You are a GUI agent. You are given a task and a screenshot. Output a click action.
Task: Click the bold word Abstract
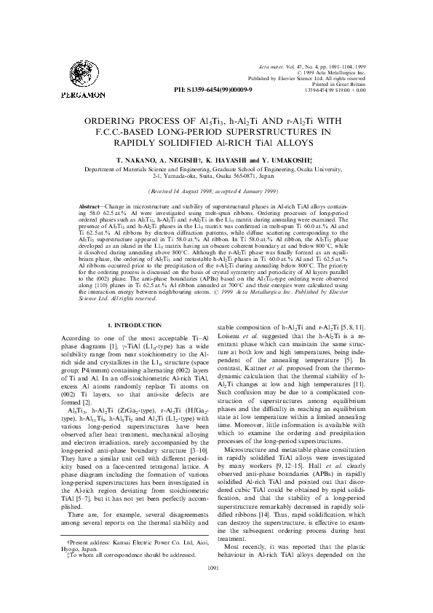(x=90, y=208)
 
